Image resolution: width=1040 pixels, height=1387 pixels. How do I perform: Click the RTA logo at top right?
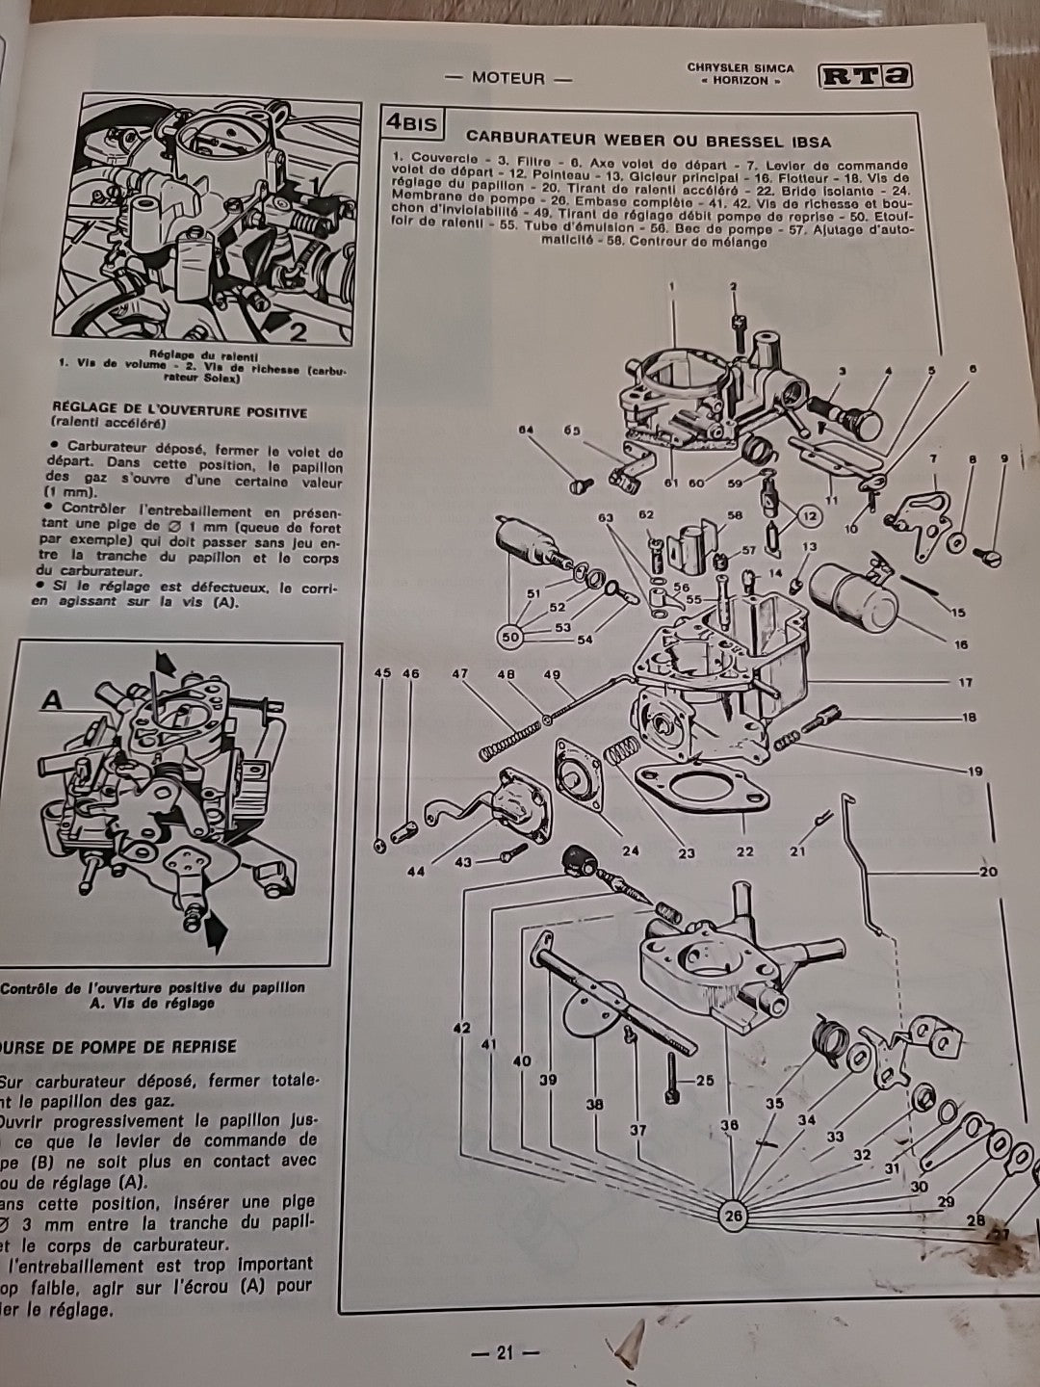[865, 77]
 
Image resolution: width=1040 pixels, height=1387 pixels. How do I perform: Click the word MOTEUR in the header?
[507, 78]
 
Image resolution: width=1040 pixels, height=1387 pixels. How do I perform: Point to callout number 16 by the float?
[961, 645]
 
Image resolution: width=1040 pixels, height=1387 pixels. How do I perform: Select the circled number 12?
[807, 517]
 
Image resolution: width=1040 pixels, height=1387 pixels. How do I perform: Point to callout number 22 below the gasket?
[743, 851]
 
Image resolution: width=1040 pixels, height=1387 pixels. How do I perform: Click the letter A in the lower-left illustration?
[52, 701]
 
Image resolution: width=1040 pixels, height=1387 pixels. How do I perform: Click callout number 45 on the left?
[381, 673]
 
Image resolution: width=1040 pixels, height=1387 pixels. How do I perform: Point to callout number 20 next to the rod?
[988, 873]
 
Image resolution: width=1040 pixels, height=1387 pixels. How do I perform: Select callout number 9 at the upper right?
[1004, 460]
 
